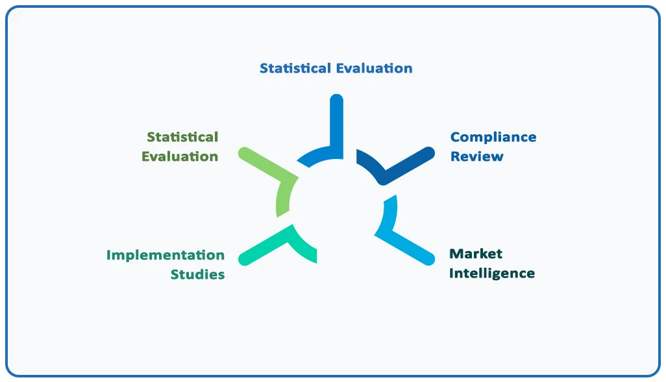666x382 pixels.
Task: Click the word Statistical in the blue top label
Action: tap(295, 68)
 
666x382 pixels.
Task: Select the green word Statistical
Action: tap(182, 137)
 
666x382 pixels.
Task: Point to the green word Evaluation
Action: tap(180, 156)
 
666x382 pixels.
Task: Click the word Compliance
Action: tap(493, 137)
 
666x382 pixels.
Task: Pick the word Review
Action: tap(477, 156)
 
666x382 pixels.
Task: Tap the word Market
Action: tap(476, 254)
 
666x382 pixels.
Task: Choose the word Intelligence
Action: tap(492, 273)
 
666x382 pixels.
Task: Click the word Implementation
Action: tap(166, 255)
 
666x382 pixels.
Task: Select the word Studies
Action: tap(197, 274)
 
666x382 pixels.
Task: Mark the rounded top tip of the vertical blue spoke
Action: tap(336, 99)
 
